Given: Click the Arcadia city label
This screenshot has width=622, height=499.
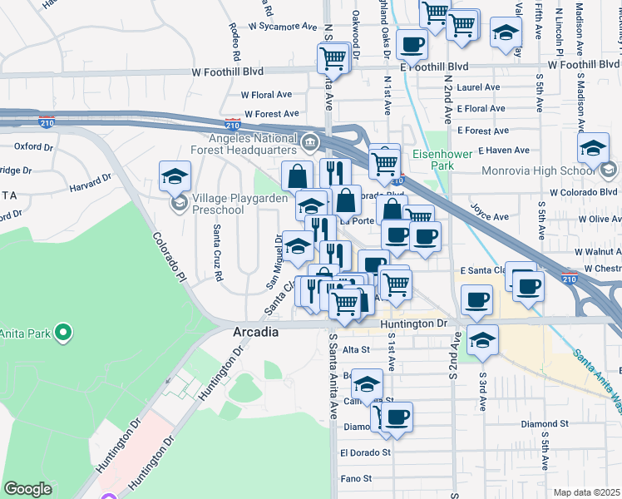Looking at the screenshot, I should (x=254, y=331).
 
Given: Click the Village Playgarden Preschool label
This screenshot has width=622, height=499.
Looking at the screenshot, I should (x=219, y=205).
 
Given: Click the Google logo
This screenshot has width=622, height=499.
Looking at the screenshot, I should (x=27, y=489).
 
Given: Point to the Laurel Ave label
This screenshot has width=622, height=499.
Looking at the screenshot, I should (x=478, y=86).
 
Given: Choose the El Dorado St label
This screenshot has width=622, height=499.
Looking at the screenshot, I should (x=365, y=453).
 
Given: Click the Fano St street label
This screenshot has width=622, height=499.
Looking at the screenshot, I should (x=356, y=479).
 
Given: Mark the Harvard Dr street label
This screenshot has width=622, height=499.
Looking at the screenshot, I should (x=91, y=180).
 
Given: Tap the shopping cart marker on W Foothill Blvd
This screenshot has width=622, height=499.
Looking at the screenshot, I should (x=333, y=57).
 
